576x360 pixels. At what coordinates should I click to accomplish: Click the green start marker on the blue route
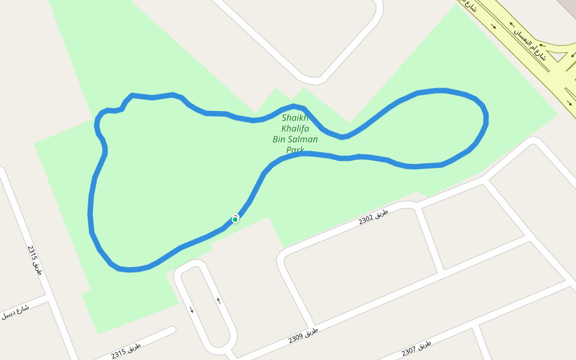pyautogui.click(x=235, y=219)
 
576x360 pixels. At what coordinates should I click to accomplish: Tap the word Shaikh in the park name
pyautogui.click(x=295, y=118)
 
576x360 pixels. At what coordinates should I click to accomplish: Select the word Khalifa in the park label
pyautogui.click(x=295, y=128)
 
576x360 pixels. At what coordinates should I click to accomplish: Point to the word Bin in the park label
pyautogui.click(x=280, y=139)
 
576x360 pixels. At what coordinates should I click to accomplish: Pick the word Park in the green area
pyautogui.click(x=295, y=149)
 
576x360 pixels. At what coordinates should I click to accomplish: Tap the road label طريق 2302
pyautogui.click(x=374, y=217)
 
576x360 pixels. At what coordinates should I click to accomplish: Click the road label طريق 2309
pyautogui.click(x=303, y=335)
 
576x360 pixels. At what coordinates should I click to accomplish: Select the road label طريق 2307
pyautogui.click(x=416, y=347)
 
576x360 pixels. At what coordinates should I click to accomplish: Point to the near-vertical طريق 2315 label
pyautogui.click(x=35, y=260)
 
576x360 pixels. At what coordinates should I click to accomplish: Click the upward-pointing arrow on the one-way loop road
pyautogui.click(x=218, y=300)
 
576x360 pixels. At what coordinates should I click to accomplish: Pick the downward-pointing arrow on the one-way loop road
pyautogui.click(x=191, y=310)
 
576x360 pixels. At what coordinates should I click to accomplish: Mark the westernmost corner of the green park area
pyautogui.click(x=35, y=143)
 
